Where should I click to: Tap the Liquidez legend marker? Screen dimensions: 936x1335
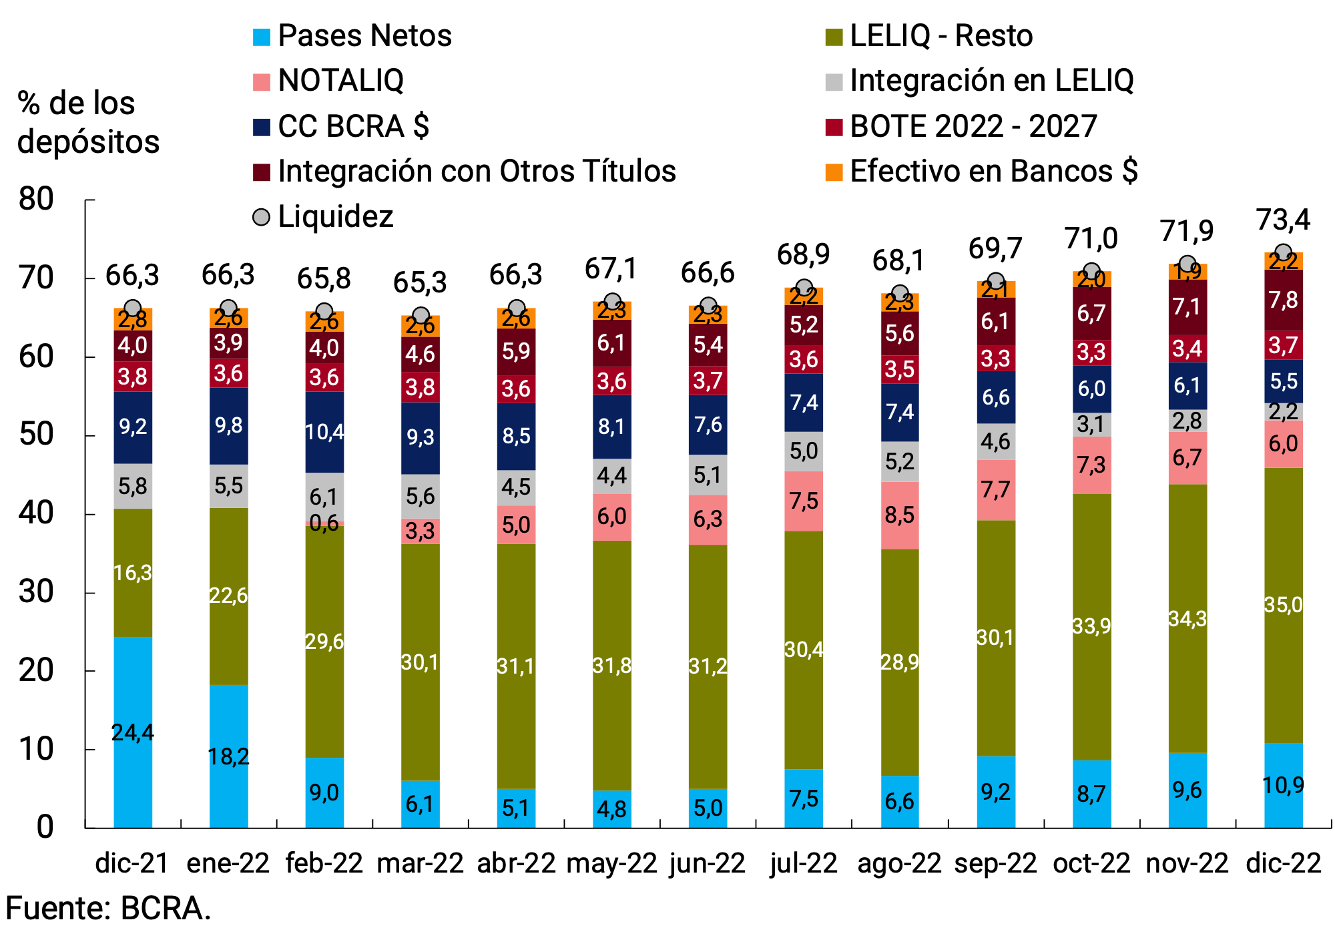pos(262,217)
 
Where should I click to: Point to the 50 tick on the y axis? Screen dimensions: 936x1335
pos(37,435)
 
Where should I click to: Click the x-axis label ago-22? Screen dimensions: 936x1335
pos(899,863)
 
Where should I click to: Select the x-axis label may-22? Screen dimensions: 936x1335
pos(611,863)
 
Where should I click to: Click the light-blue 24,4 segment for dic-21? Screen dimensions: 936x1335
pos(133,732)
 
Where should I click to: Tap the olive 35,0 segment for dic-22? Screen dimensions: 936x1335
pos(1283,605)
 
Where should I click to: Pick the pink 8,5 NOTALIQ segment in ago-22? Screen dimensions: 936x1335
pos(899,515)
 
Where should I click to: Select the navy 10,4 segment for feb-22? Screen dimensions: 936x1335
pos(324,432)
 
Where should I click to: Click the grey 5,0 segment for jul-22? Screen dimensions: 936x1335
pos(804,451)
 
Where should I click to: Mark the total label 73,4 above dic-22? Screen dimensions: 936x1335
pos(1283,220)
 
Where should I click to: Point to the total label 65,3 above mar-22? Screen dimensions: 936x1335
pos(420,283)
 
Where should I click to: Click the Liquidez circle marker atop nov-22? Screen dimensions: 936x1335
pos(1187,264)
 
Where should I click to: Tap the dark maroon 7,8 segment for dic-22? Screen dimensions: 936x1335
pos(1283,300)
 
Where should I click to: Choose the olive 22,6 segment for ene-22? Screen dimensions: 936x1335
pos(228,596)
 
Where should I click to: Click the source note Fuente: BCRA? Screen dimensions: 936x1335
pos(108,909)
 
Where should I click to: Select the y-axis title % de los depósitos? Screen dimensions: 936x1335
pos(88,123)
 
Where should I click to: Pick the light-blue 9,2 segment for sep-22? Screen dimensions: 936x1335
pos(995,792)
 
